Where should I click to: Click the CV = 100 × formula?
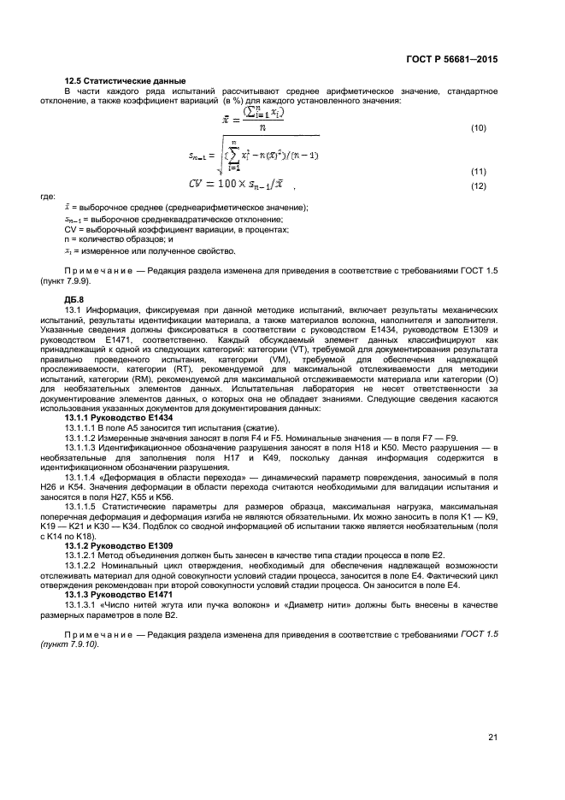pyautogui.click(x=241, y=185)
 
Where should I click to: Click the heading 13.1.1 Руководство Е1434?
pyautogui.click(x=114, y=417)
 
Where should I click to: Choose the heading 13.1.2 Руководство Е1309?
pyautogui.click(x=114, y=544)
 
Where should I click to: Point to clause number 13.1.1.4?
pyautogui.click(x=84, y=477)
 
